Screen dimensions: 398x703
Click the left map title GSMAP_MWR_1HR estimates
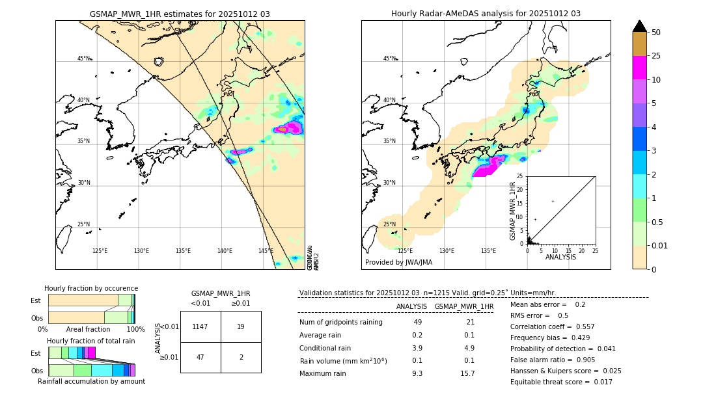[x=180, y=14]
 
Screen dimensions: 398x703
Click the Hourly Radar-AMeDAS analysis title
[x=486, y=14]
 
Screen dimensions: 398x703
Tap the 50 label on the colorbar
[x=656, y=33]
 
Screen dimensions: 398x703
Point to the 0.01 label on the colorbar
[x=660, y=245]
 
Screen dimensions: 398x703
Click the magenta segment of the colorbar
[x=639, y=68]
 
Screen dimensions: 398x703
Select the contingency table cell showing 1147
[x=200, y=326]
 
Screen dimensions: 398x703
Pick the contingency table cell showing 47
[x=200, y=357]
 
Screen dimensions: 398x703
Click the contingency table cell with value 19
[x=241, y=326]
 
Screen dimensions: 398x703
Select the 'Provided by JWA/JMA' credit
[x=398, y=262]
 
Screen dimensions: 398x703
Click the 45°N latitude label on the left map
[x=83, y=59]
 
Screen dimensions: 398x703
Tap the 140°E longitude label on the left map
[x=225, y=251]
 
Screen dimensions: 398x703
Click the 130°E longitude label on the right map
[x=447, y=251]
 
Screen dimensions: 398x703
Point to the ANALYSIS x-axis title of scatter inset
[x=560, y=257]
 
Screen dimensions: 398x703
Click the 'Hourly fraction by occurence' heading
[x=91, y=288]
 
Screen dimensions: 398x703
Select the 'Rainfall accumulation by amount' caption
[x=91, y=381]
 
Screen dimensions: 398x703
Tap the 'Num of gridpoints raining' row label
[x=340, y=323]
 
